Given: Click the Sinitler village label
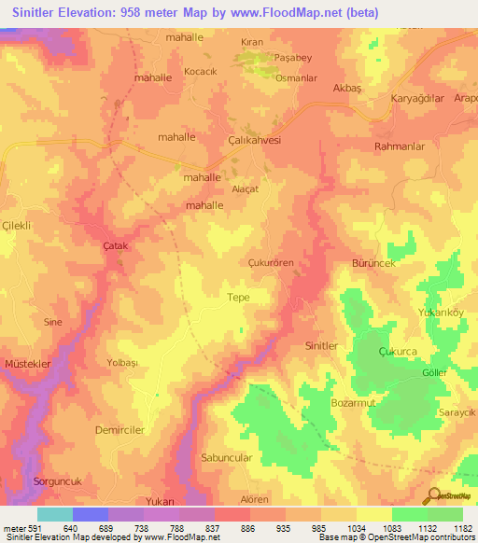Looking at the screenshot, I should click(321, 345).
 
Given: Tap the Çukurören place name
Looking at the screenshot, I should click(271, 263).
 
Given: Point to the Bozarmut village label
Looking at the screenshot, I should click(352, 402).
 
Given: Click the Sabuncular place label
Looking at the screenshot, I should click(227, 458).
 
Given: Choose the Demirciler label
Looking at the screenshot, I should click(119, 430).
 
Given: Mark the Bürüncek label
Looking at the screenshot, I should click(373, 265).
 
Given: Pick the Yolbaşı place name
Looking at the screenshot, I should click(122, 362).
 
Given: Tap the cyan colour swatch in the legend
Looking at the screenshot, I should click(54, 514).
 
